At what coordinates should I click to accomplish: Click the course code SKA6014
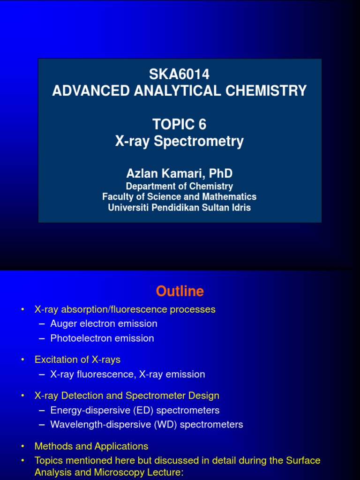[180, 74]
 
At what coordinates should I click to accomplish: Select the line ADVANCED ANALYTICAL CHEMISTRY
[180, 90]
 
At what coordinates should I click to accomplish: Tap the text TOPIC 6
[180, 124]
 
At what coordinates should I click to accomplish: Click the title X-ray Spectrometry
[180, 141]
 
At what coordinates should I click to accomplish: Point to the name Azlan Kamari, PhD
[180, 173]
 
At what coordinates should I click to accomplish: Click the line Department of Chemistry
[180, 186]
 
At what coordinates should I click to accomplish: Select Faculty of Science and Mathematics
[180, 197]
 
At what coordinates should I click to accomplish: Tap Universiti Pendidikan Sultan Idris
[180, 207]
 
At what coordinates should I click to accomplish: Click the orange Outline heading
[180, 291]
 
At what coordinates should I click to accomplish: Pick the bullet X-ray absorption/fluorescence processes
[125, 309]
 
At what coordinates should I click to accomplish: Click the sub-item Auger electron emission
[104, 323]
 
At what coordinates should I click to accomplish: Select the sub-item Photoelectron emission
[102, 338]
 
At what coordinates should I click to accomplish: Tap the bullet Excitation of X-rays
[77, 360]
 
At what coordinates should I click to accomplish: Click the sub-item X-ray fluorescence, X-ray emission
[127, 374]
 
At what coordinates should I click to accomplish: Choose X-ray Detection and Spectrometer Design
[127, 396]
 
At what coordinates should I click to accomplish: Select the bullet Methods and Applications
[91, 446]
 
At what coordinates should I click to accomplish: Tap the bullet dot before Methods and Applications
[22, 447]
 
